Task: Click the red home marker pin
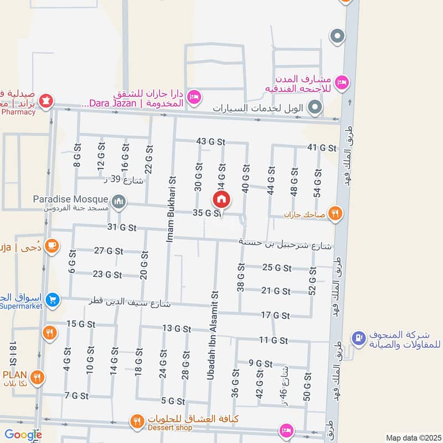click(x=221, y=199)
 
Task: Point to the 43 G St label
click(x=210, y=142)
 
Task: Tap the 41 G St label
click(x=322, y=148)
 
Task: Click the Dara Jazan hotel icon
click(x=194, y=97)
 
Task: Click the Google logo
click(x=23, y=435)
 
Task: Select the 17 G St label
click(x=275, y=316)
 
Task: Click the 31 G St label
click(x=122, y=227)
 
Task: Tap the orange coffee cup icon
click(x=51, y=245)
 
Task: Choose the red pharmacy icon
click(x=48, y=101)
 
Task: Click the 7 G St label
click(x=76, y=395)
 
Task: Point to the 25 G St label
click(x=277, y=268)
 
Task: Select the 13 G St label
click(x=176, y=328)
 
